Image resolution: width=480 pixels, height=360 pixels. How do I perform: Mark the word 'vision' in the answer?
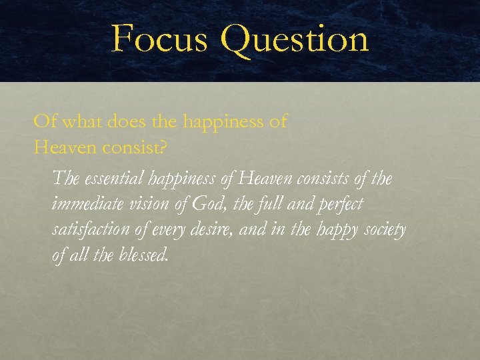click(150, 204)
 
